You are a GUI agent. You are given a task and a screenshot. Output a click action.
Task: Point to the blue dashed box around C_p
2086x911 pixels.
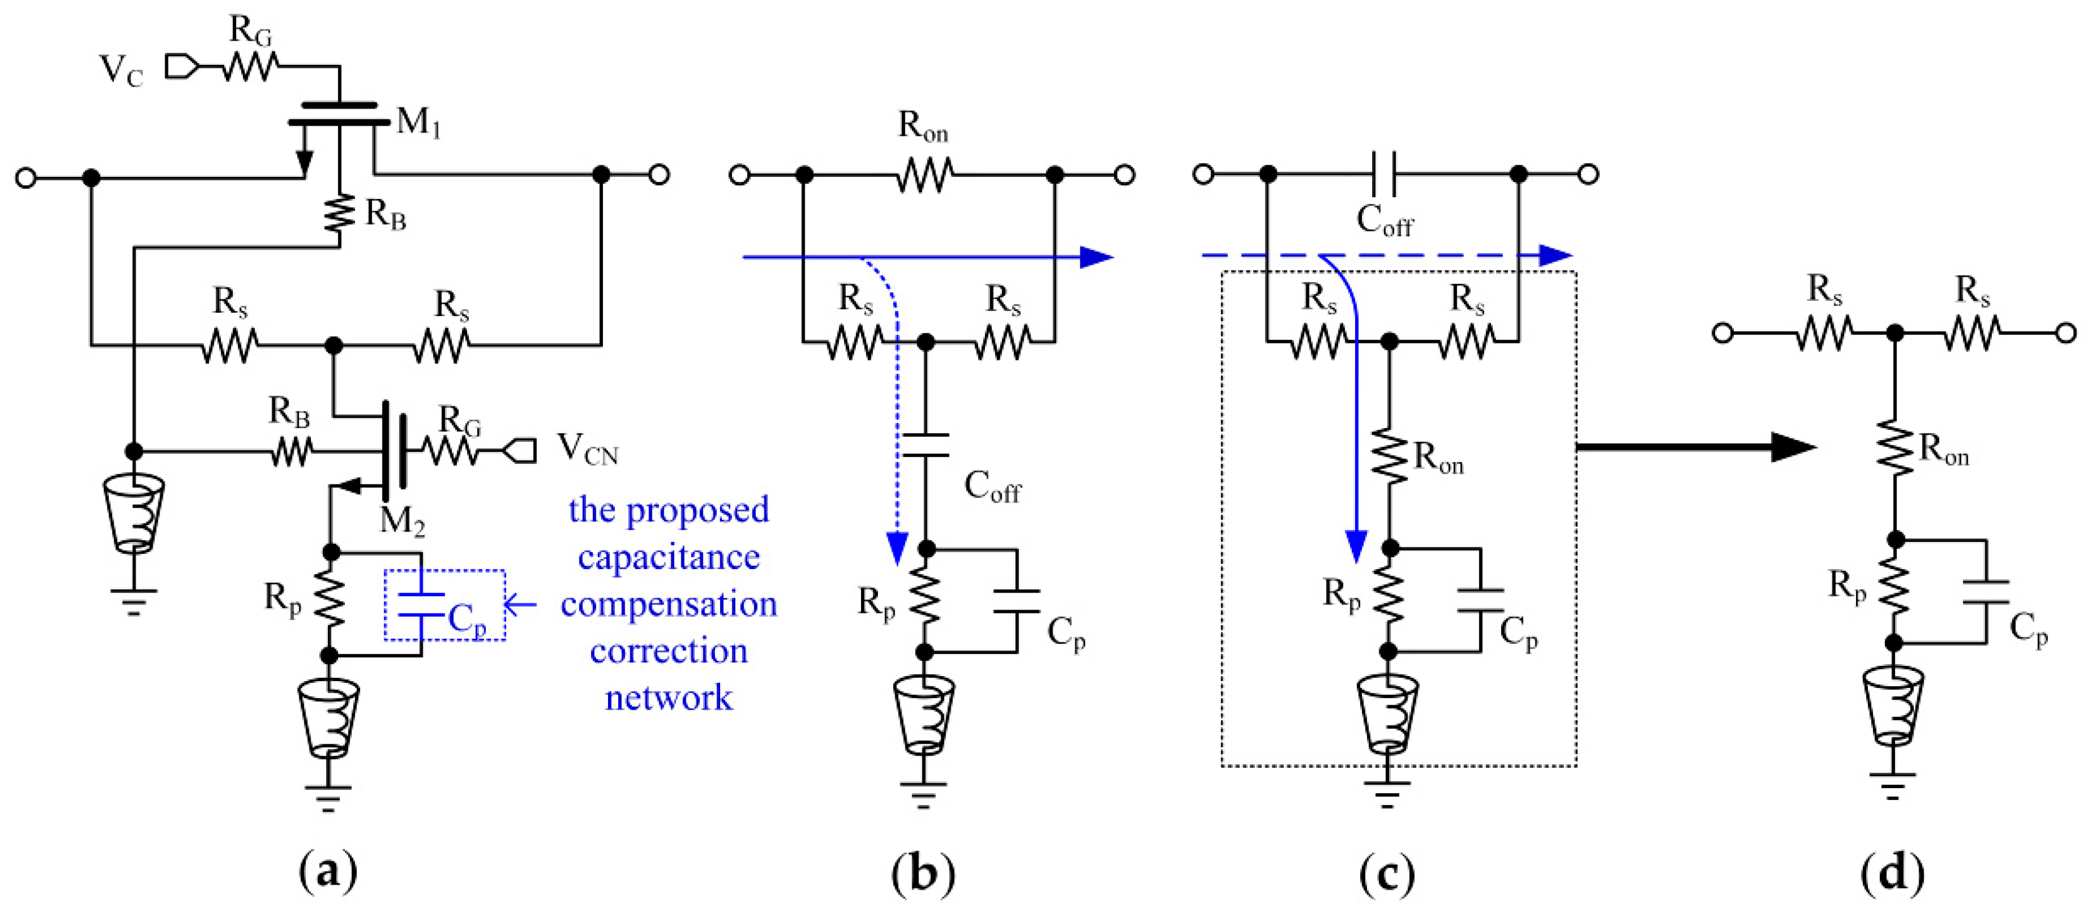(445, 606)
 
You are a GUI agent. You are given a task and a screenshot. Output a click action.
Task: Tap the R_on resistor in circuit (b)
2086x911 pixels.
(925, 174)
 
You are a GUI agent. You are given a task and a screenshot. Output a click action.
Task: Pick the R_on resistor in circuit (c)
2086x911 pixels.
(1390, 457)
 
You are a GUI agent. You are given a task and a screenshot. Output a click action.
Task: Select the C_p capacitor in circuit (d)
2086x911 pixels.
(1986, 592)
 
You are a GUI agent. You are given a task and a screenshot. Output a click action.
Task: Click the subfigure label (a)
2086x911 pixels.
(328, 872)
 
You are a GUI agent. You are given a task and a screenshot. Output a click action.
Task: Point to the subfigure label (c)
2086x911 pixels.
(1388, 872)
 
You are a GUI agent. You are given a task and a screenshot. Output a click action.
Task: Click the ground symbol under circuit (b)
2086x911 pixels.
(923, 794)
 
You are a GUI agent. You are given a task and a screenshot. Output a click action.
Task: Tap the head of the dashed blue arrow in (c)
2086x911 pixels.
(1554, 255)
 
